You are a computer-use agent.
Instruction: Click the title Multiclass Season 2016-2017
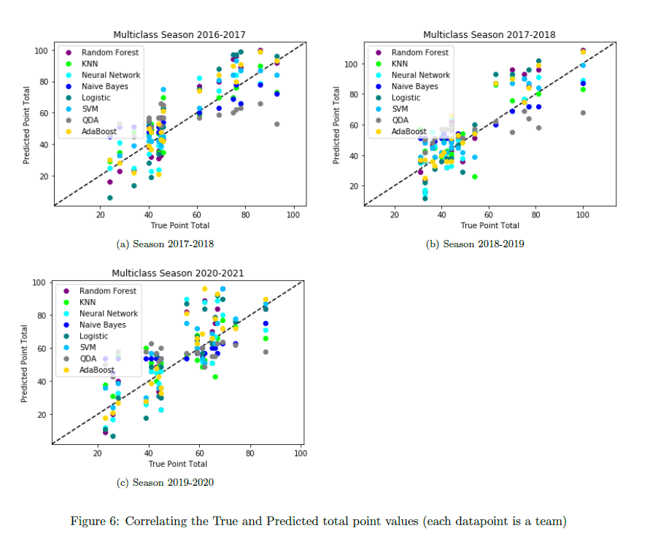[x=179, y=34]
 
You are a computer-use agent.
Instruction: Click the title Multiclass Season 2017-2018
[x=489, y=34]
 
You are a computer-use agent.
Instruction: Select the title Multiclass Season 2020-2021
[x=177, y=273]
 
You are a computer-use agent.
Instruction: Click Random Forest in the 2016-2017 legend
[x=110, y=53]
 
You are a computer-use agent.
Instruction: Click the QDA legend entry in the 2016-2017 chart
[x=90, y=120]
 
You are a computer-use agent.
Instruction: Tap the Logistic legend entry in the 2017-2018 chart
[x=406, y=98]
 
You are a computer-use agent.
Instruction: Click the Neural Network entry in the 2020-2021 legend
[x=109, y=314]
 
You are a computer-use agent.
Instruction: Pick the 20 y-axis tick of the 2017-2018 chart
[x=352, y=186]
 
